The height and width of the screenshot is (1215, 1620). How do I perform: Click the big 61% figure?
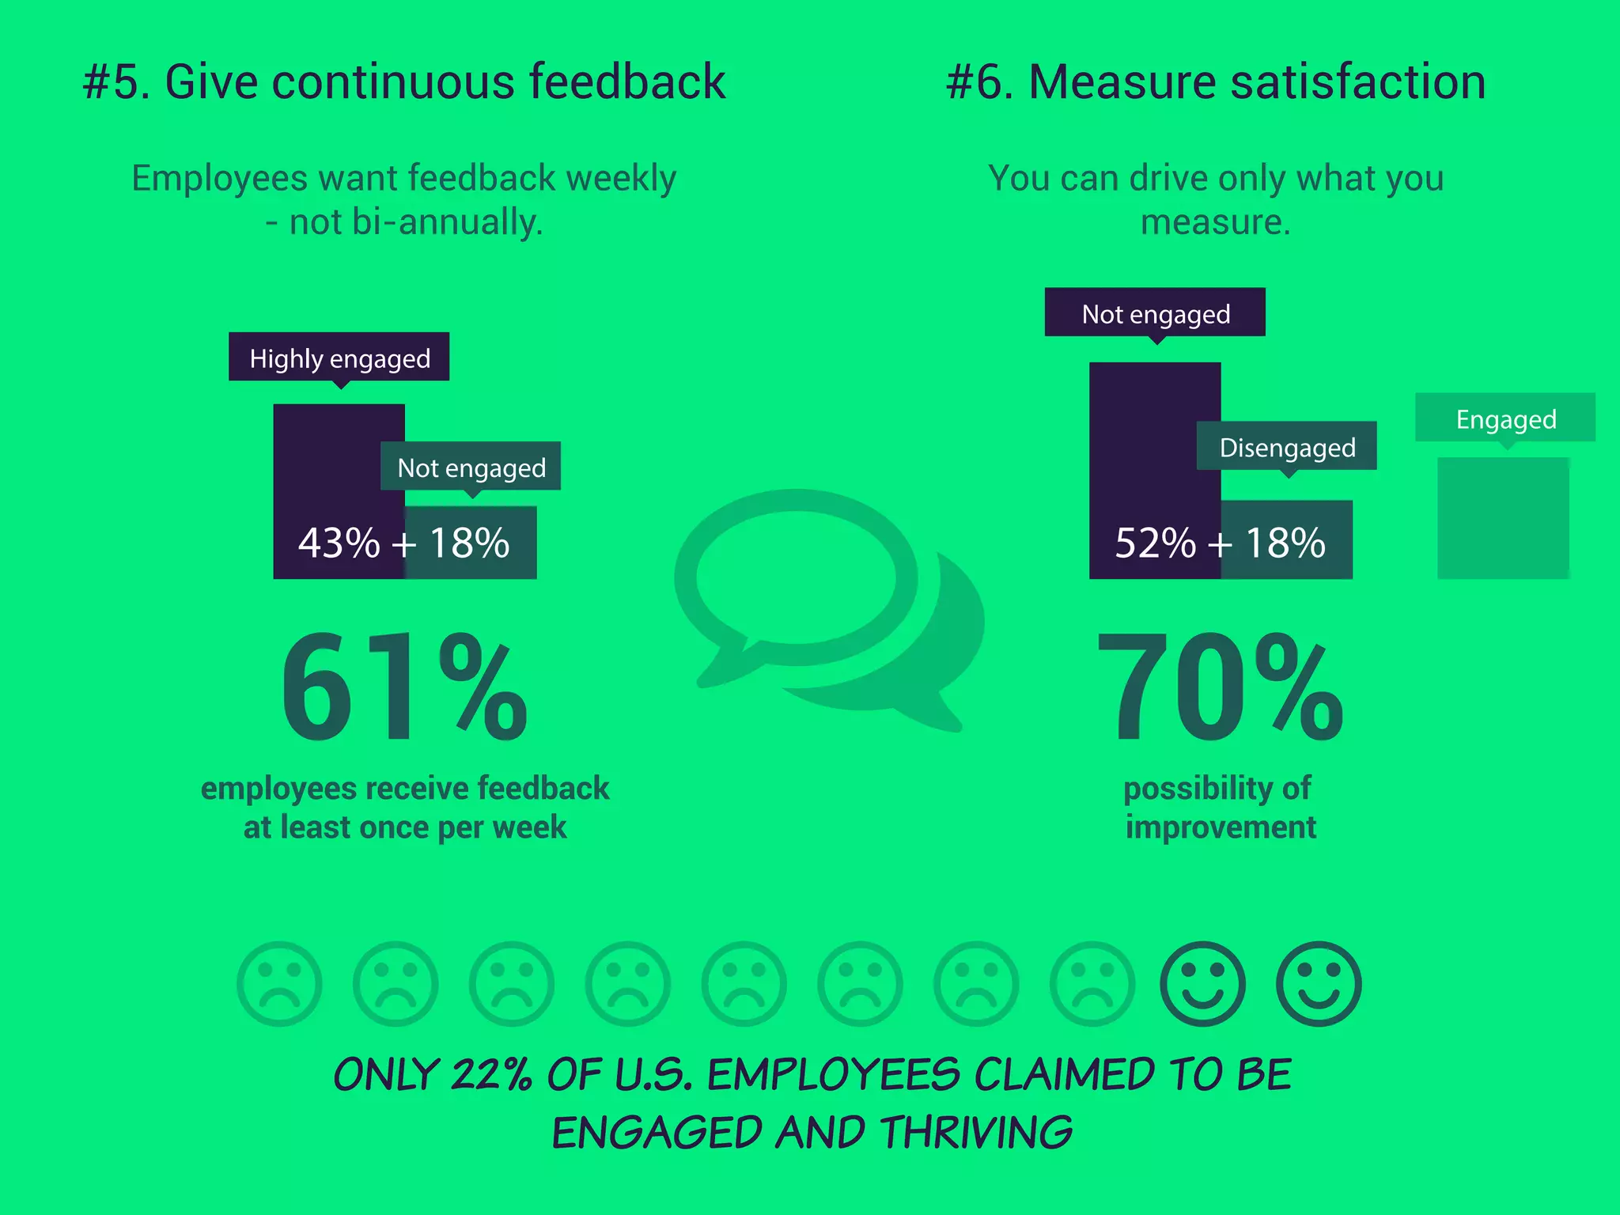coord(403,687)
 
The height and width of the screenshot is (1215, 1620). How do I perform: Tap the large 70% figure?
coord(1220,687)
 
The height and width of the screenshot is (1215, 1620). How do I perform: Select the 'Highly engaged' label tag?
coord(339,358)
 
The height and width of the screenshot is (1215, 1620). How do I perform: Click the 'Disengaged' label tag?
coord(1286,447)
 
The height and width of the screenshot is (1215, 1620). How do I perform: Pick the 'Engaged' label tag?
coord(1505,418)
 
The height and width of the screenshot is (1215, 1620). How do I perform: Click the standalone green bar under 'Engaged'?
coord(1503,518)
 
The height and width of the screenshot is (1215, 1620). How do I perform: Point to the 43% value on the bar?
coord(339,543)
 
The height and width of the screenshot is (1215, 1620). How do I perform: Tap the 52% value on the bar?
coord(1155,543)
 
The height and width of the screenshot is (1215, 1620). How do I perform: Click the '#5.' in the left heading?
coord(116,81)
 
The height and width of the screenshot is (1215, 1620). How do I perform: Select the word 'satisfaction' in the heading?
coord(1358,81)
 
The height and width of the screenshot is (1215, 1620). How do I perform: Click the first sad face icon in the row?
coord(279,984)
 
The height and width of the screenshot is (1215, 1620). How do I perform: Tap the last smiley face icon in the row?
coord(1319,984)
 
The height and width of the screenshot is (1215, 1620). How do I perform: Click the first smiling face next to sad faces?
coord(1202,984)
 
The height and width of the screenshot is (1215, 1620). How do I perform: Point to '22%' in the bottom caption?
coord(491,1075)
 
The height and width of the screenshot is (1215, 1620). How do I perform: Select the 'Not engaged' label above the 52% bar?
coord(1155,313)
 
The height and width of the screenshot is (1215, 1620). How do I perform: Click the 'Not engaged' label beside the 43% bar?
coord(471,467)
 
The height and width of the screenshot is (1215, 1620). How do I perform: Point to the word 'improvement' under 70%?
coord(1221,827)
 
